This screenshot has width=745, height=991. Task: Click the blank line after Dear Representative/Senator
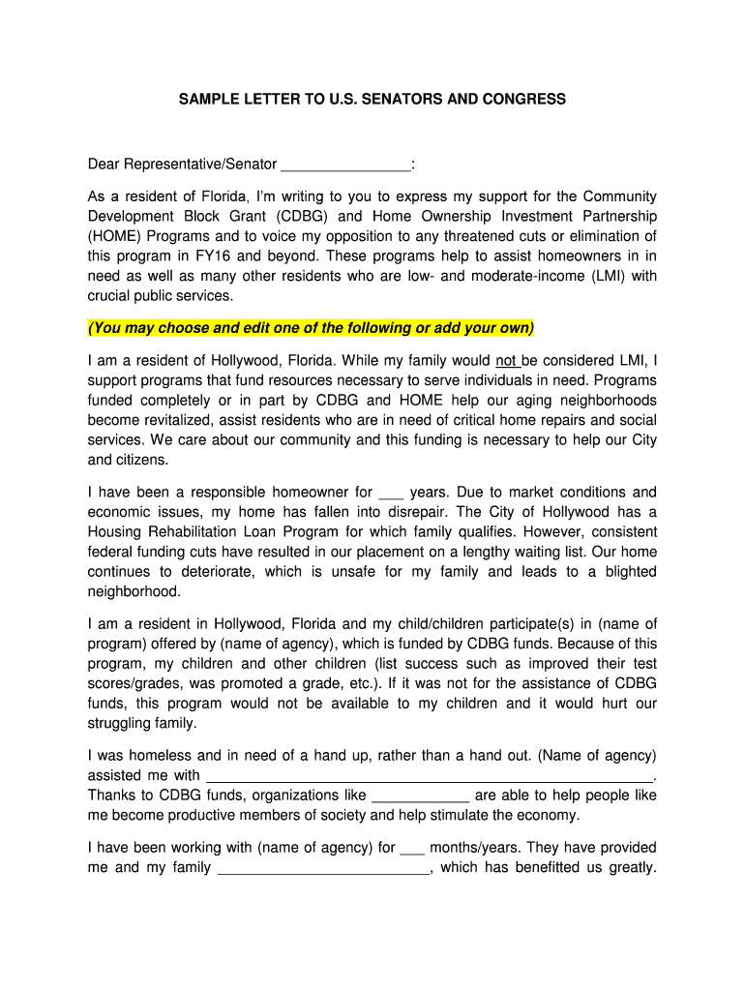point(345,165)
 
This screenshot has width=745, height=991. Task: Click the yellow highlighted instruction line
point(312,328)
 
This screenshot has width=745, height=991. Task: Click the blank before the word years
point(391,492)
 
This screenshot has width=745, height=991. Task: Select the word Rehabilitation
point(203,531)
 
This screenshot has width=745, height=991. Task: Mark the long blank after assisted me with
point(431,775)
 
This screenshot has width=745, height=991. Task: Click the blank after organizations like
point(420,796)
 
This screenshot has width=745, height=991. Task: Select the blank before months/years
point(412,848)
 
